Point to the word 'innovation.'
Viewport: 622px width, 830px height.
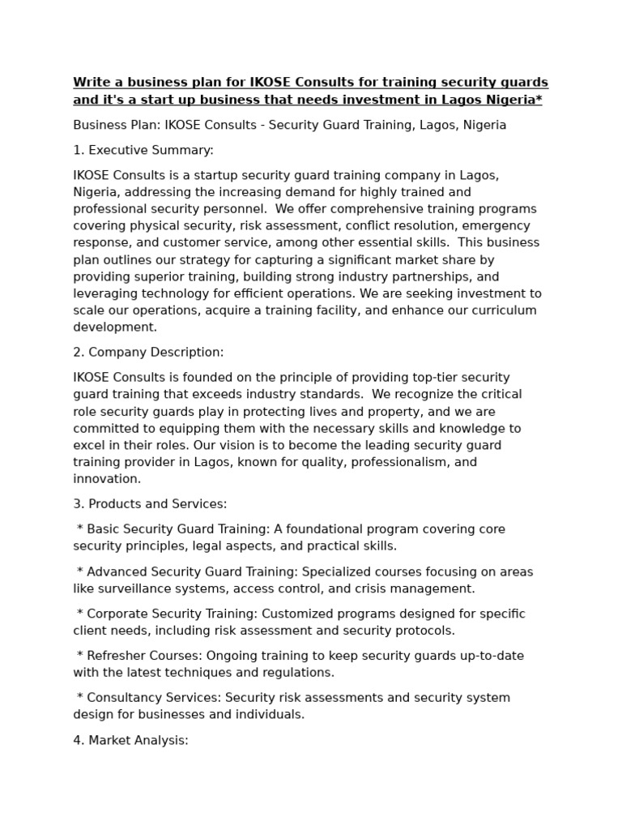[107, 479]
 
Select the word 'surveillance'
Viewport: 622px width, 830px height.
[133, 588]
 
